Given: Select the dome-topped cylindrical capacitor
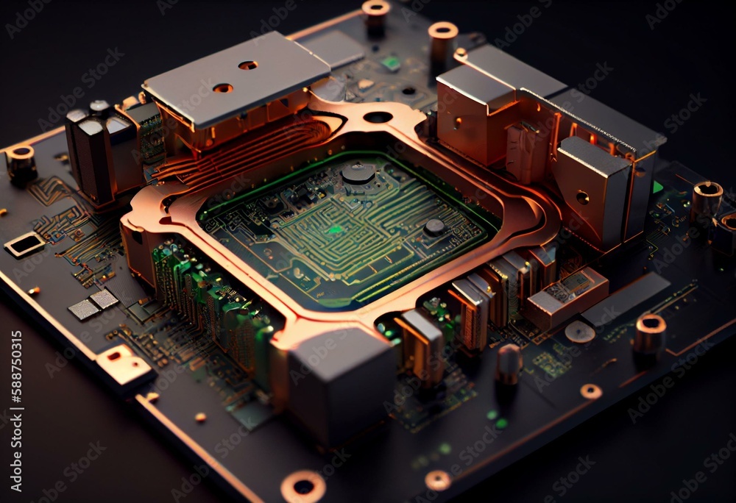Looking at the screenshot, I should [x=509, y=364].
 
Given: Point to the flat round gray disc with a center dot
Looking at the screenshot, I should [x=579, y=332].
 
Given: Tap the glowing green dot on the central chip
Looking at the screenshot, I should [x=335, y=230].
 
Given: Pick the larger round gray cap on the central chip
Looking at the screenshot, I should [x=358, y=174].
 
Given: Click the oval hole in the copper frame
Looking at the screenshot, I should [x=378, y=117].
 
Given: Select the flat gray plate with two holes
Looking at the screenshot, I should [x=236, y=77].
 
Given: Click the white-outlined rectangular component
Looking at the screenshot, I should [x=24, y=244].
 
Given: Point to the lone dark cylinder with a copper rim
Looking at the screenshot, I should [x=21, y=163].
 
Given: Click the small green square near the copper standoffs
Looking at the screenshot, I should [x=392, y=63].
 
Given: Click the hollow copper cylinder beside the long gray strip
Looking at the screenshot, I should [x=649, y=335].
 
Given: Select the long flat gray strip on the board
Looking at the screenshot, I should [x=626, y=299].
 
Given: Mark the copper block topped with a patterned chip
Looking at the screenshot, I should [x=567, y=296].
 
